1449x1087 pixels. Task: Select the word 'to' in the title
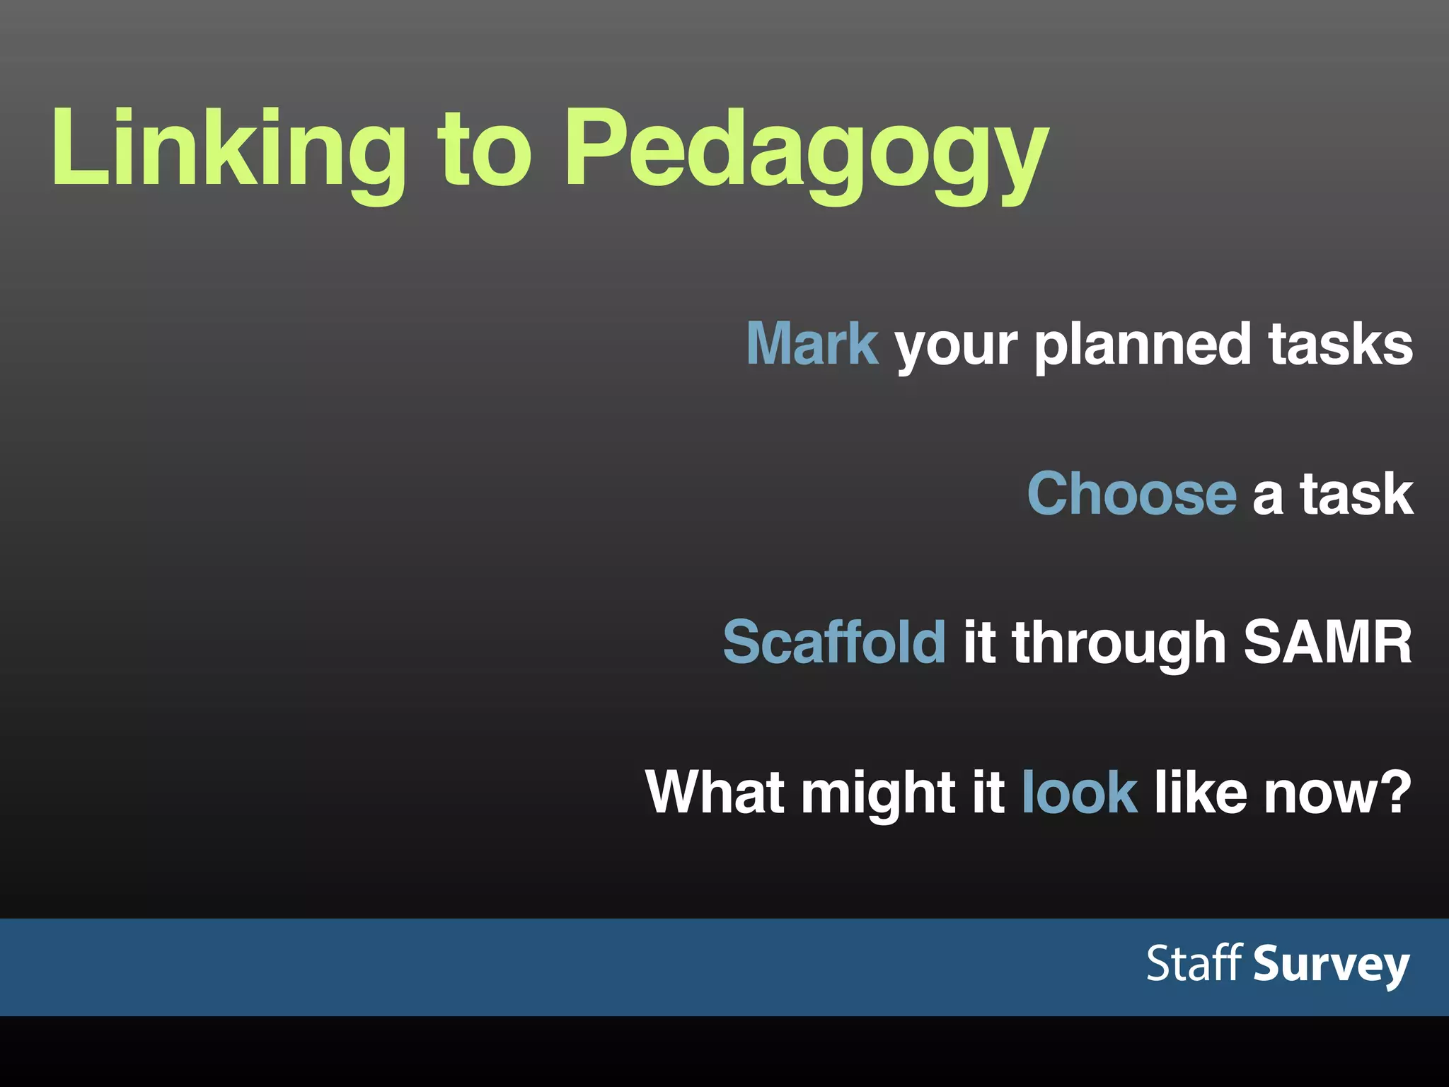484,150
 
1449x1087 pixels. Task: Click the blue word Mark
812,344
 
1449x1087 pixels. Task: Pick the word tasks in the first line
1340,344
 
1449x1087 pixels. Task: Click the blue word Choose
1131,493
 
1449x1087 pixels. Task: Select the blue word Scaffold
833,642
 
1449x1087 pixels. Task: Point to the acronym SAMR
1327,642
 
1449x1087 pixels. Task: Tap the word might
877,793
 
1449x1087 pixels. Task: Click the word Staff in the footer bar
1194,963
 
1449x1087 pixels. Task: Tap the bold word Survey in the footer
1331,965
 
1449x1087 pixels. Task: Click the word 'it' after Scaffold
979,642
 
